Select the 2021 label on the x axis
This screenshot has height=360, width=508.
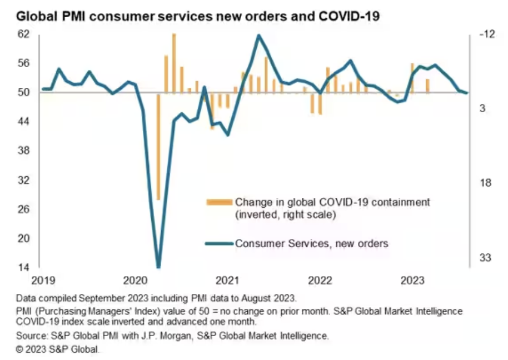(227, 279)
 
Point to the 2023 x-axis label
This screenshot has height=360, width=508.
(413, 279)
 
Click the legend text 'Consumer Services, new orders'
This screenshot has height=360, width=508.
(312, 243)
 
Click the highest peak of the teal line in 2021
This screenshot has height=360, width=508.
(258, 36)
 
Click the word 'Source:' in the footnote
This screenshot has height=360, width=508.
(31, 337)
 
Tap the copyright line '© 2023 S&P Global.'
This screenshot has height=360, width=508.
(58, 349)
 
